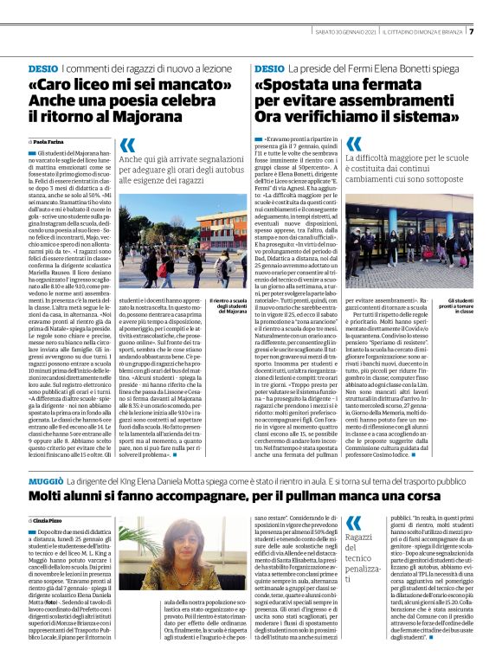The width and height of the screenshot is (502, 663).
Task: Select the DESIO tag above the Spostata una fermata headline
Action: (269, 68)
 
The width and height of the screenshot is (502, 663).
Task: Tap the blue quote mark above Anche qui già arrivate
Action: (128, 146)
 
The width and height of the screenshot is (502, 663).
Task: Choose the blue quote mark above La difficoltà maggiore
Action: (353, 144)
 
